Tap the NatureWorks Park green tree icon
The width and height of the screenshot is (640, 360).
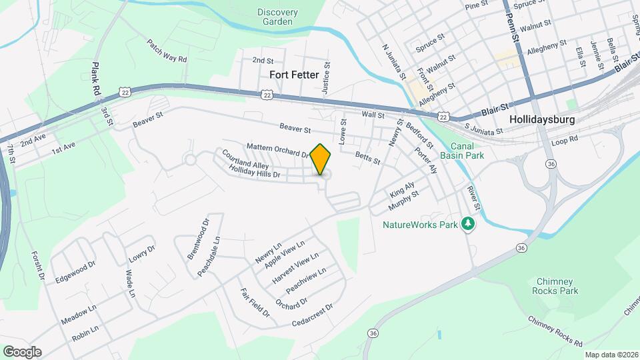(x=469, y=224)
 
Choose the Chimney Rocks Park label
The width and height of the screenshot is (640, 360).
(x=555, y=286)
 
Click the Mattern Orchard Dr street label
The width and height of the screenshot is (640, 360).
(x=278, y=150)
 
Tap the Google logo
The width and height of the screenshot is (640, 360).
(x=22, y=352)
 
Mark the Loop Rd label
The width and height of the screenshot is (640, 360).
(x=565, y=141)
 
